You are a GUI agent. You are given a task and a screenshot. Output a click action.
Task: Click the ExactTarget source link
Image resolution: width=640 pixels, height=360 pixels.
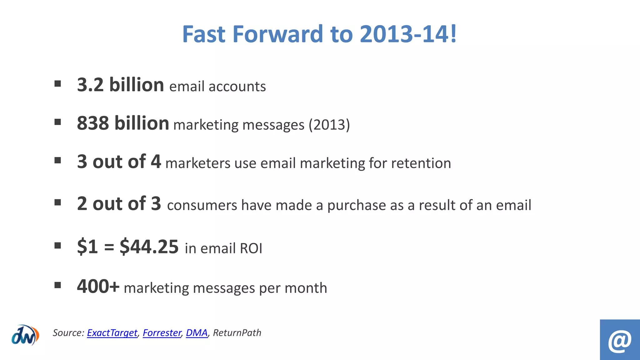[112, 333]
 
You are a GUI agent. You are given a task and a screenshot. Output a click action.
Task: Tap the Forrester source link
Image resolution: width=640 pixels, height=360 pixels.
[162, 333]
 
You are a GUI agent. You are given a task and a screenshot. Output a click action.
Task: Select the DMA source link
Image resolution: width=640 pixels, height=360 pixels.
[197, 333]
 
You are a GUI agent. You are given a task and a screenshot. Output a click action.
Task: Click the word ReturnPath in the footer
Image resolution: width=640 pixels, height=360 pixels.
[237, 333]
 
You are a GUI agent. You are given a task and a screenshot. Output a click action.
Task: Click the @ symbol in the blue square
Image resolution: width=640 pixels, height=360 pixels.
[620, 341]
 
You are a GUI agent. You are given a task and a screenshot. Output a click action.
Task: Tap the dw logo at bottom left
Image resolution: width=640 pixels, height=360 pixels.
[25, 335]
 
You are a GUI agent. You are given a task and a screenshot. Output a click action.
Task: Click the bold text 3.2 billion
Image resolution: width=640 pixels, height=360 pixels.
[120, 85]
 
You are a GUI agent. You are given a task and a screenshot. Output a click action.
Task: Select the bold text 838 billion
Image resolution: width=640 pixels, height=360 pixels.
[123, 123]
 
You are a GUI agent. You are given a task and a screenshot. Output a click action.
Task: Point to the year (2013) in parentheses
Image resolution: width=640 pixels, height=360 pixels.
[329, 125]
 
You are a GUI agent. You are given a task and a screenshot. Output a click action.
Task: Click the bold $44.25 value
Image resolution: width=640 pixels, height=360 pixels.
[149, 247]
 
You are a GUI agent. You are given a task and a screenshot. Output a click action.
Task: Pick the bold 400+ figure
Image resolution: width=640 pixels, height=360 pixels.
[98, 286]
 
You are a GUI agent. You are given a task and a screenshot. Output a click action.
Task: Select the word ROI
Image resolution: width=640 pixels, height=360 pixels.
[251, 248]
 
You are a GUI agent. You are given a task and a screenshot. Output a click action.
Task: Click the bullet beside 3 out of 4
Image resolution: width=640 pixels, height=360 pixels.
[57, 160]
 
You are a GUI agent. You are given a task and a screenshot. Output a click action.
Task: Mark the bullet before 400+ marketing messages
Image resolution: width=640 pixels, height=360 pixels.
[57, 285]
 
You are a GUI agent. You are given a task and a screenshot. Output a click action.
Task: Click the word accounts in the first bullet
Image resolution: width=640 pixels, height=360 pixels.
[237, 87]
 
